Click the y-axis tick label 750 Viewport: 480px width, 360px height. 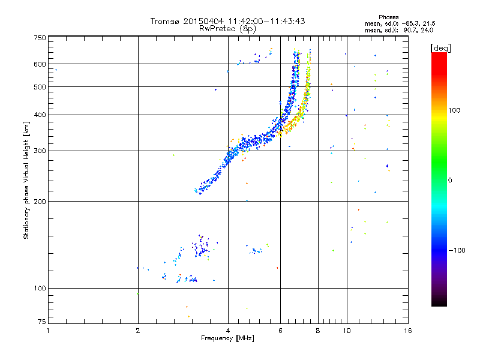pos(40,38)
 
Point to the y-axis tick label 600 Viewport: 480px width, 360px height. pos(40,64)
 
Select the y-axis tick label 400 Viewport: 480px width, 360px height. pos(40,115)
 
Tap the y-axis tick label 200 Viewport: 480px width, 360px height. pos(40,201)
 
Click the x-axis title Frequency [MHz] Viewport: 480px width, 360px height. pos(227,339)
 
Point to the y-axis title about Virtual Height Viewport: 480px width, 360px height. pos(26,181)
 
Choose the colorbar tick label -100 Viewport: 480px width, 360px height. pos(460,250)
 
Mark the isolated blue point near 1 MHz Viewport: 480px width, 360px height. pos(56,70)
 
